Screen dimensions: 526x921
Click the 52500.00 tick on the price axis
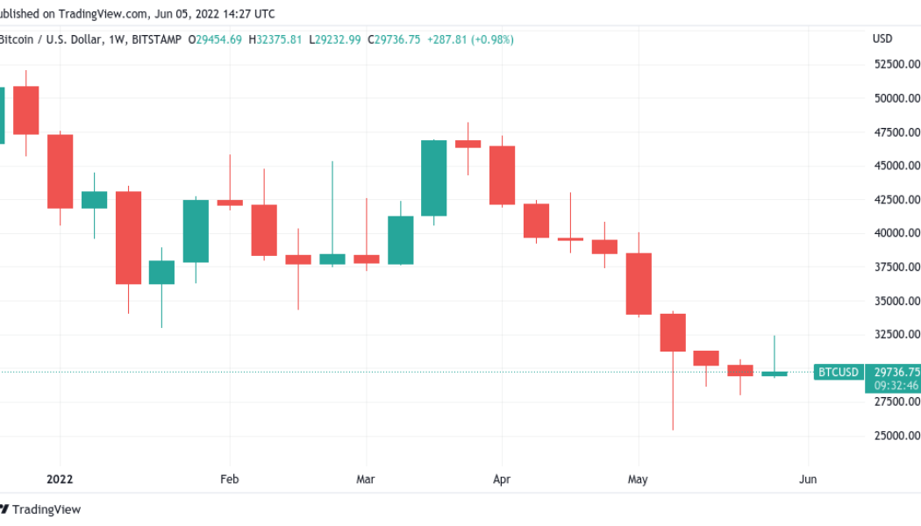pyautogui.click(x=896, y=64)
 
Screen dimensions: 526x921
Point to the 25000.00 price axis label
pyautogui.click(x=896, y=436)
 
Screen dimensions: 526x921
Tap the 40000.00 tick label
pyautogui.click(x=896, y=233)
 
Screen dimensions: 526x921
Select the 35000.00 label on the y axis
pyautogui.click(x=896, y=301)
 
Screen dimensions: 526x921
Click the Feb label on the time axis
pyautogui.click(x=230, y=480)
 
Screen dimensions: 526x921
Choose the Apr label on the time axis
pyautogui.click(x=502, y=480)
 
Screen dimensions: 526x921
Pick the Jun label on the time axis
pyautogui.click(x=808, y=480)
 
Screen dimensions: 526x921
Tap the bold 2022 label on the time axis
pyautogui.click(x=60, y=480)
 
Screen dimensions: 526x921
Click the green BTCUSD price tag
pyautogui.click(x=838, y=373)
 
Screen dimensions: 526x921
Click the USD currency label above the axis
pyautogui.click(x=882, y=39)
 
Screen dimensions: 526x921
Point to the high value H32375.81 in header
pyautogui.click(x=275, y=39)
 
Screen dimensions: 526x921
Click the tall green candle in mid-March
pyautogui.click(x=434, y=178)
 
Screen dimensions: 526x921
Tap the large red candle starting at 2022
pyautogui.click(x=60, y=171)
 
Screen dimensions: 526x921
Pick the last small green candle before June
pyautogui.click(x=775, y=373)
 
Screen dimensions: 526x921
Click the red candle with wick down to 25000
pyautogui.click(x=673, y=332)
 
